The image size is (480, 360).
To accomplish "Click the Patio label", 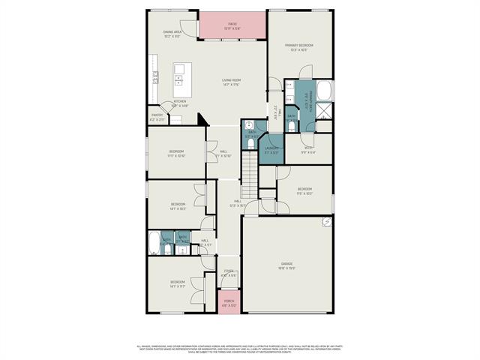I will [232, 26].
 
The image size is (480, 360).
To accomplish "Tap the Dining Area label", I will [173, 34].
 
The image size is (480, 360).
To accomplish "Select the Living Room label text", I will [230, 82].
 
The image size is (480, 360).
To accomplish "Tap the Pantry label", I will [157, 117].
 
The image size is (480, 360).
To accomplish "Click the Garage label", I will [286, 265].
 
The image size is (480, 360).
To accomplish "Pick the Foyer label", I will [229, 273].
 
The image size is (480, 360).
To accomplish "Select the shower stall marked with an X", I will [325, 112].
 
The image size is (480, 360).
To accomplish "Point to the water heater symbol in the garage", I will [327, 221].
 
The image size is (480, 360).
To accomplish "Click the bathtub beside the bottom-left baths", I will [154, 244].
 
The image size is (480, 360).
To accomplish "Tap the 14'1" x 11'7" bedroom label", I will [178, 284].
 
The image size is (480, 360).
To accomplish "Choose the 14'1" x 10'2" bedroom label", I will [178, 206].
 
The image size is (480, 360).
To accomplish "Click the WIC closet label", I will [309, 149].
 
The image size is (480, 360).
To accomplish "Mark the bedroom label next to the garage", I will [304, 190].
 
